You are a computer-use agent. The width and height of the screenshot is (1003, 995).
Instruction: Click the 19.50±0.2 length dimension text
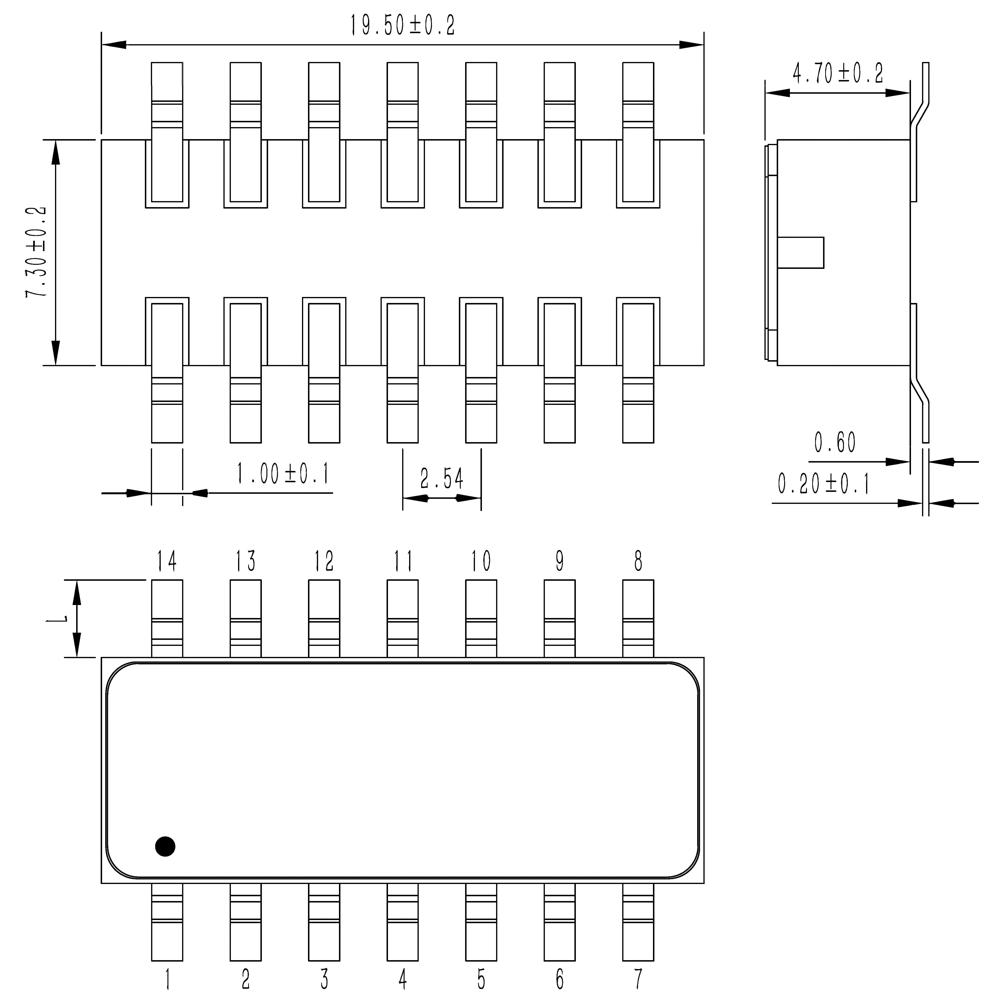pyautogui.click(x=402, y=25)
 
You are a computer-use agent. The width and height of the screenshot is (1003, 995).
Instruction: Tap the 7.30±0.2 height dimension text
pyautogui.click(x=36, y=252)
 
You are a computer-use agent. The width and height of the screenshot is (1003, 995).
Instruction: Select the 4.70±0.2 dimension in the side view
pyautogui.click(x=837, y=73)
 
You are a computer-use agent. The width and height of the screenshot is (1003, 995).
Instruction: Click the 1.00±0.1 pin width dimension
pyautogui.click(x=283, y=474)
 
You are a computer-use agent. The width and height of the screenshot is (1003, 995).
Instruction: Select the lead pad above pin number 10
pyautogui.click(x=481, y=618)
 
